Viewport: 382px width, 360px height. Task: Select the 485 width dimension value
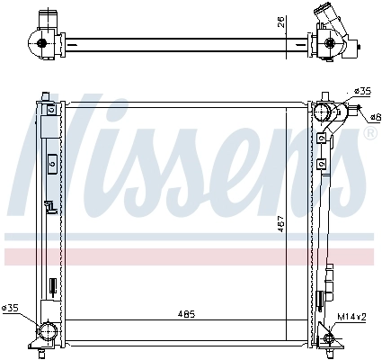click(185, 313)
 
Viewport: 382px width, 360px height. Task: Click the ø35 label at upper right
click(363, 91)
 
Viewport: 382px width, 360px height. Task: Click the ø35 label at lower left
click(12, 309)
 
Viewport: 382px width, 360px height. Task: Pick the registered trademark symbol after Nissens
click(369, 133)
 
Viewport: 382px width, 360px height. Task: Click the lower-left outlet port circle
click(46, 334)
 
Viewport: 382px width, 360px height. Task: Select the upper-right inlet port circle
click(324, 112)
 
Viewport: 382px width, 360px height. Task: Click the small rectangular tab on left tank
click(52, 164)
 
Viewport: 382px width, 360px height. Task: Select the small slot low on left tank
click(52, 286)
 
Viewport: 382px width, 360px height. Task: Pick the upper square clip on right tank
click(320, 139)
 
